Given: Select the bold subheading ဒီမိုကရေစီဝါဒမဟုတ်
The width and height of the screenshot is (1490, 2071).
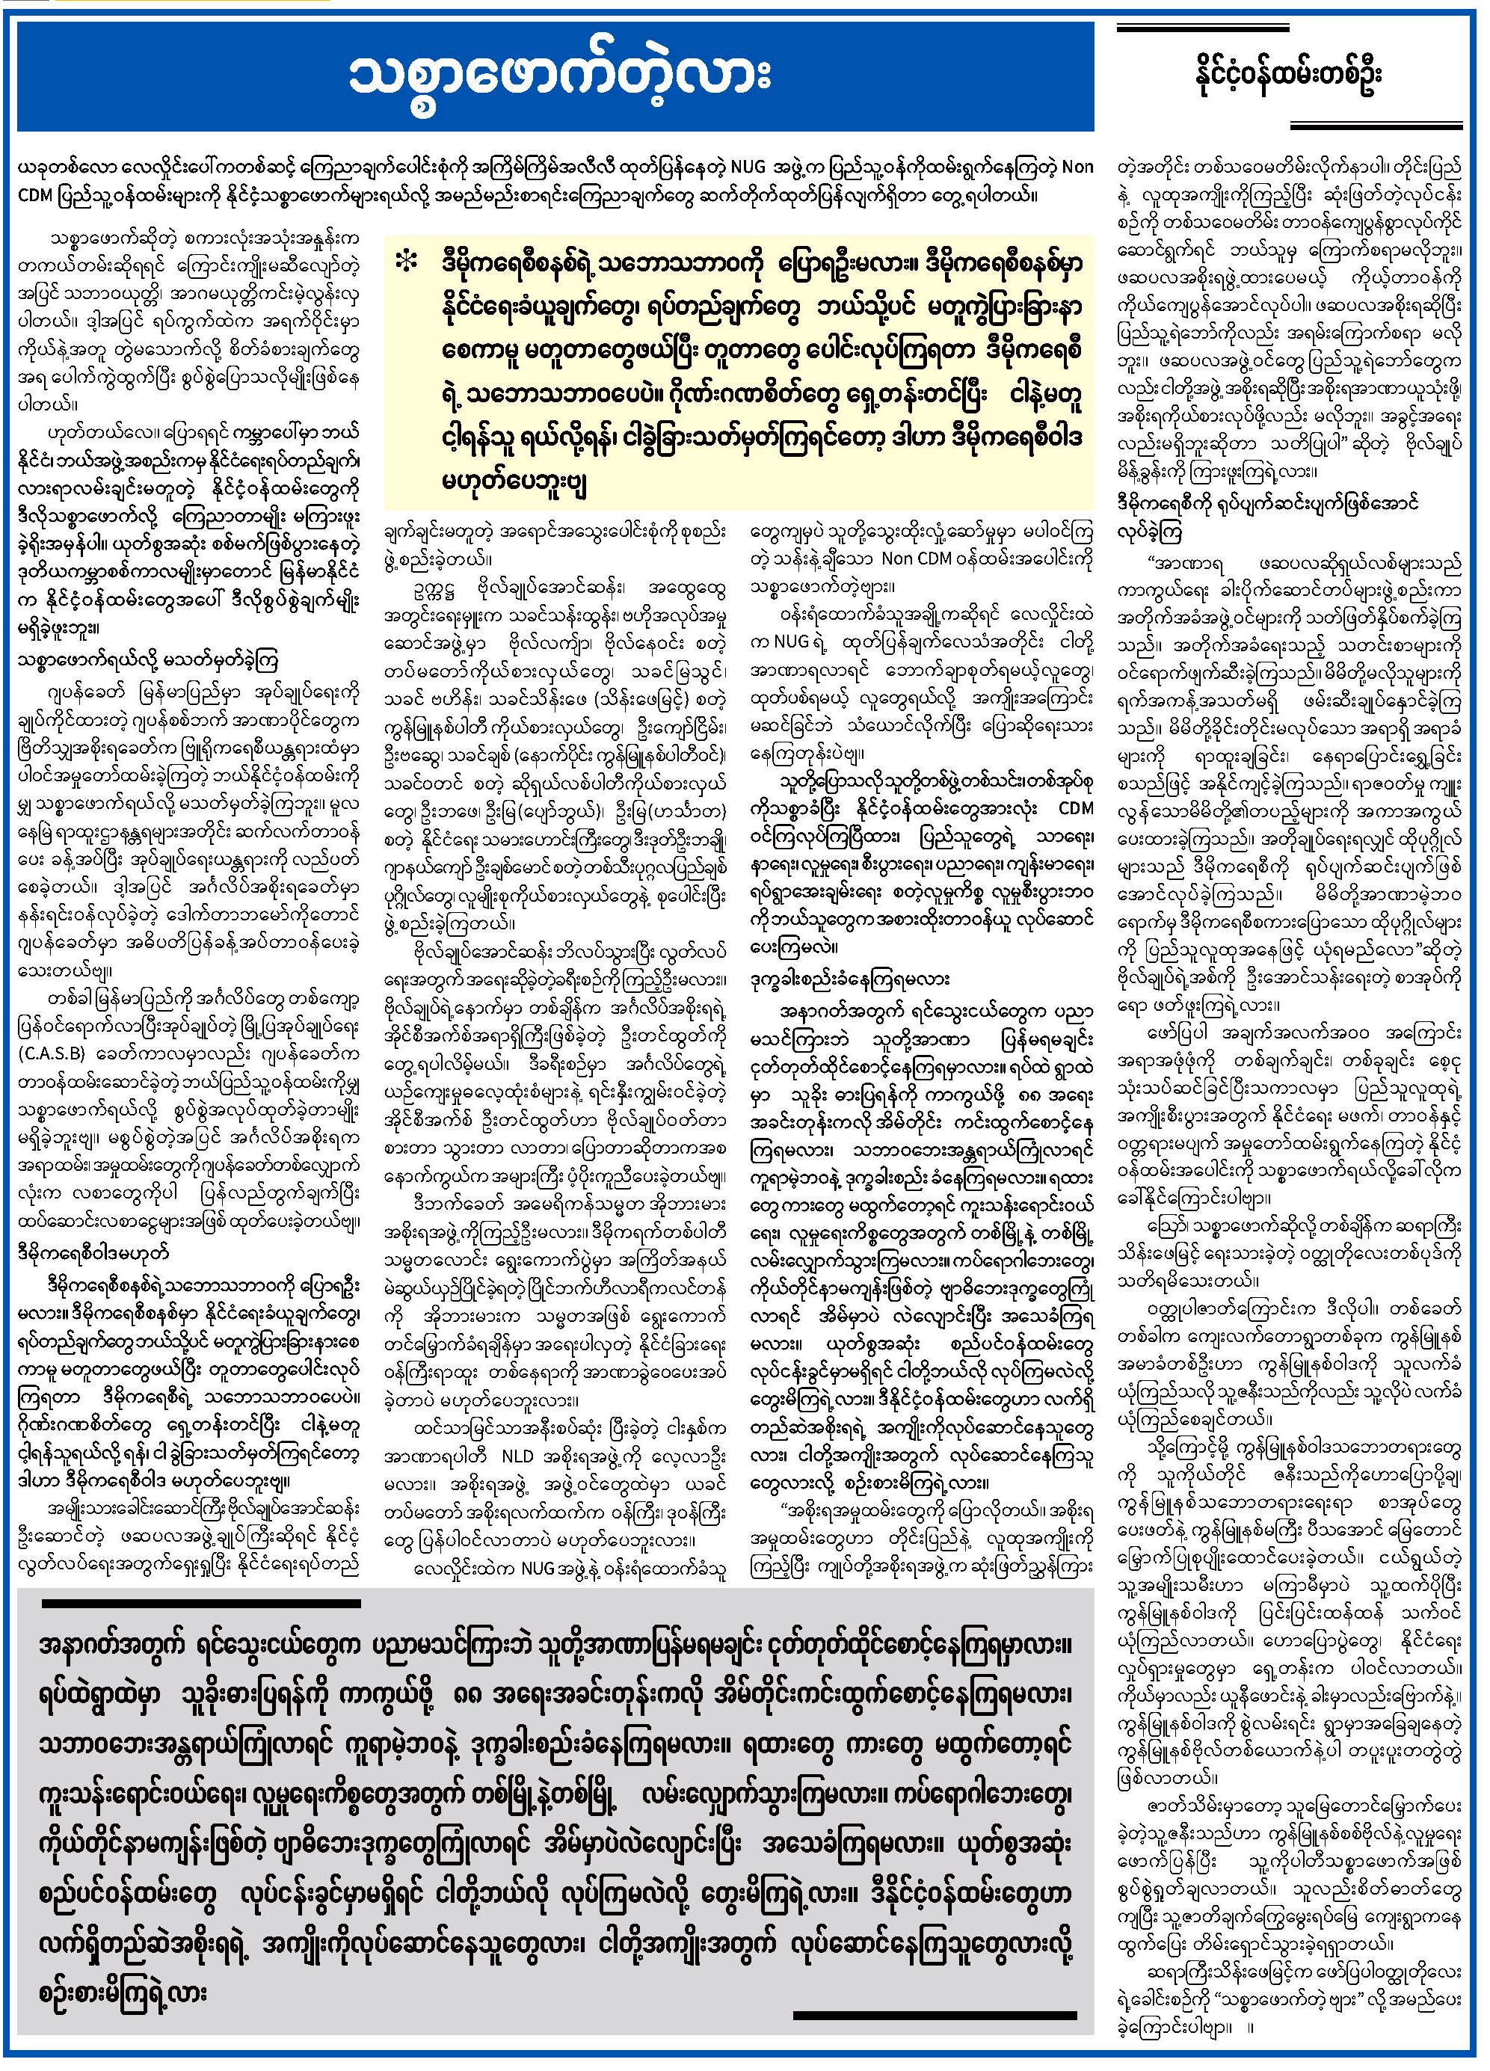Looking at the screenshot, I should [92, 1253].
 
